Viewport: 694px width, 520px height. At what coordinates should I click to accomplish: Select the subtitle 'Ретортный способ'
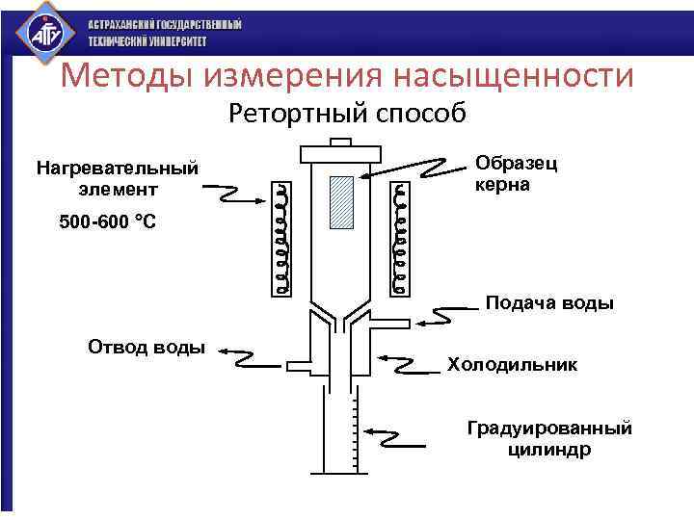coord(347,115)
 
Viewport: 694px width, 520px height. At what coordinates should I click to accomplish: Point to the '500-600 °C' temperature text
coord(107,222)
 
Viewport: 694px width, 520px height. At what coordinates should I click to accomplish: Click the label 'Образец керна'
coord(516,173)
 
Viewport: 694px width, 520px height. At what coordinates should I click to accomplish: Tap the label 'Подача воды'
coord(548,303)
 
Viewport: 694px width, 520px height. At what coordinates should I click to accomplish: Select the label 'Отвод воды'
coord(147,347)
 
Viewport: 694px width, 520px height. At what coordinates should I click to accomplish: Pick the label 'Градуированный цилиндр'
coord(548,438)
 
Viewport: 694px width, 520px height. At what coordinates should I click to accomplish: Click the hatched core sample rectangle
coord(343,202)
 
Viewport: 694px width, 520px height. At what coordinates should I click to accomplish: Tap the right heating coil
coord(399,236)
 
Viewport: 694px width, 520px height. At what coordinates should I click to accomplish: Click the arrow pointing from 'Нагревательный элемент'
coord(236,196)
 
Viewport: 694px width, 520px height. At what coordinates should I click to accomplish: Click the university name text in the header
coord(165,33)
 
